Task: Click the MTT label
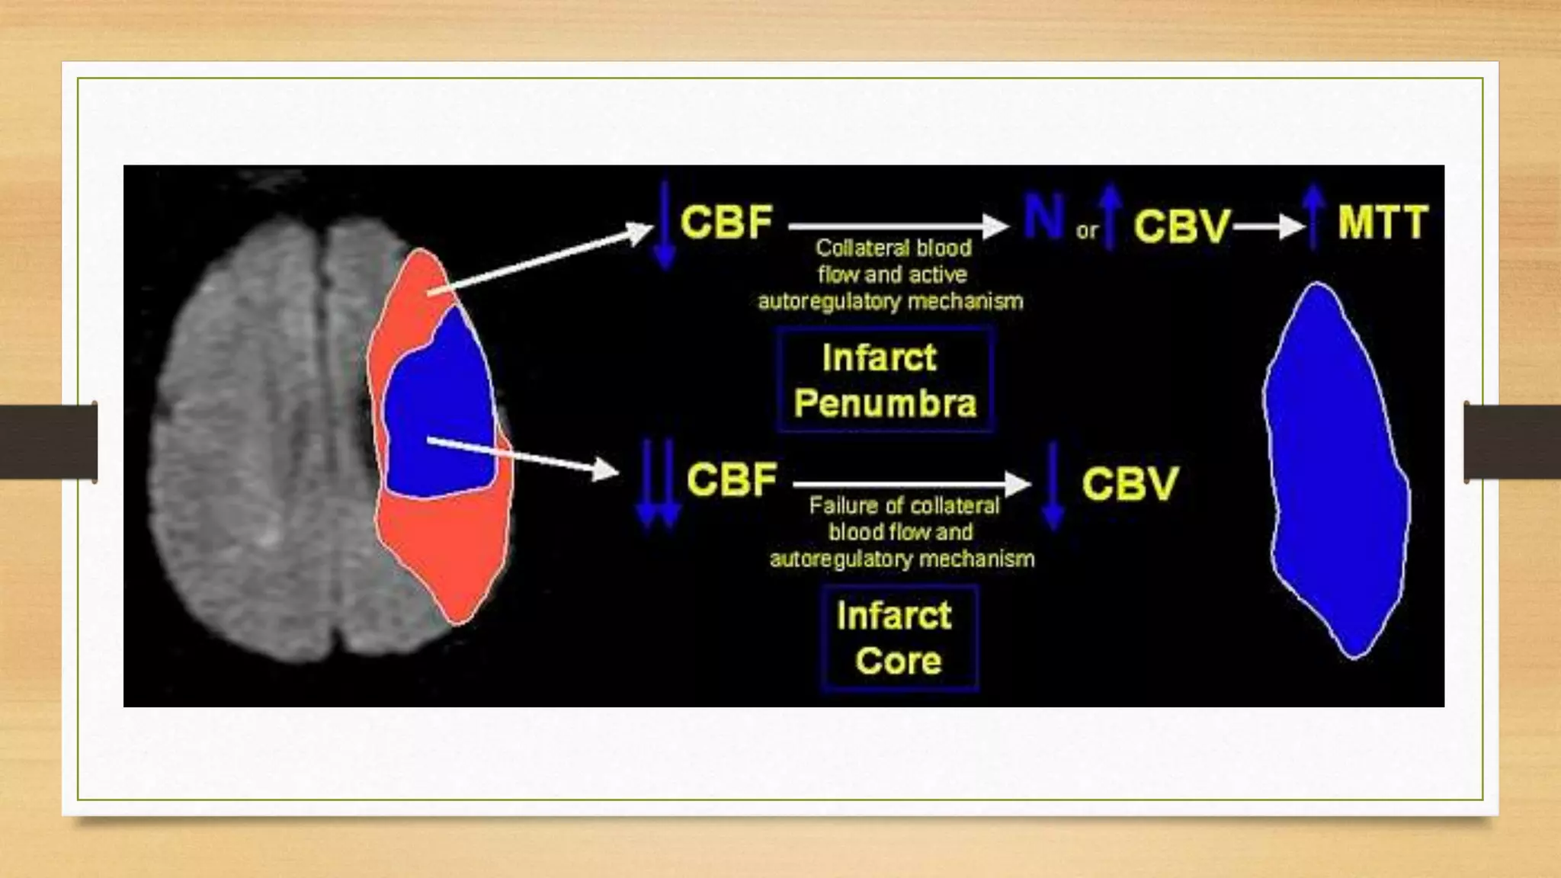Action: pyautogui.click(x=1382, y=223)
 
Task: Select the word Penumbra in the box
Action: pyautogui.click(x=885, y=403)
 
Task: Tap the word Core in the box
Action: pyautogui.click(x=898, y=661)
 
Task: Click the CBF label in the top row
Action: pyautogui.click(x=726, y=223)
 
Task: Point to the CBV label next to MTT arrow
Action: pyautogui.click(x=1181, y=226)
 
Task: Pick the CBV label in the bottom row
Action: pyautogui.click(x=1130, y=484)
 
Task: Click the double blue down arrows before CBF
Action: pyautogui.click(x=658, y=483)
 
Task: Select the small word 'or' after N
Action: pyautogui.click(x=1087, y=231)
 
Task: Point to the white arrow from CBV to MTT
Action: pyautogui.click(x=1270, y=227)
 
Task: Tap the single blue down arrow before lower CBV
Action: pyautogui.click(x=1053, y=485)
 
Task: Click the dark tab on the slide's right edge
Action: pyautogui.click(x=1512, y=442)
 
